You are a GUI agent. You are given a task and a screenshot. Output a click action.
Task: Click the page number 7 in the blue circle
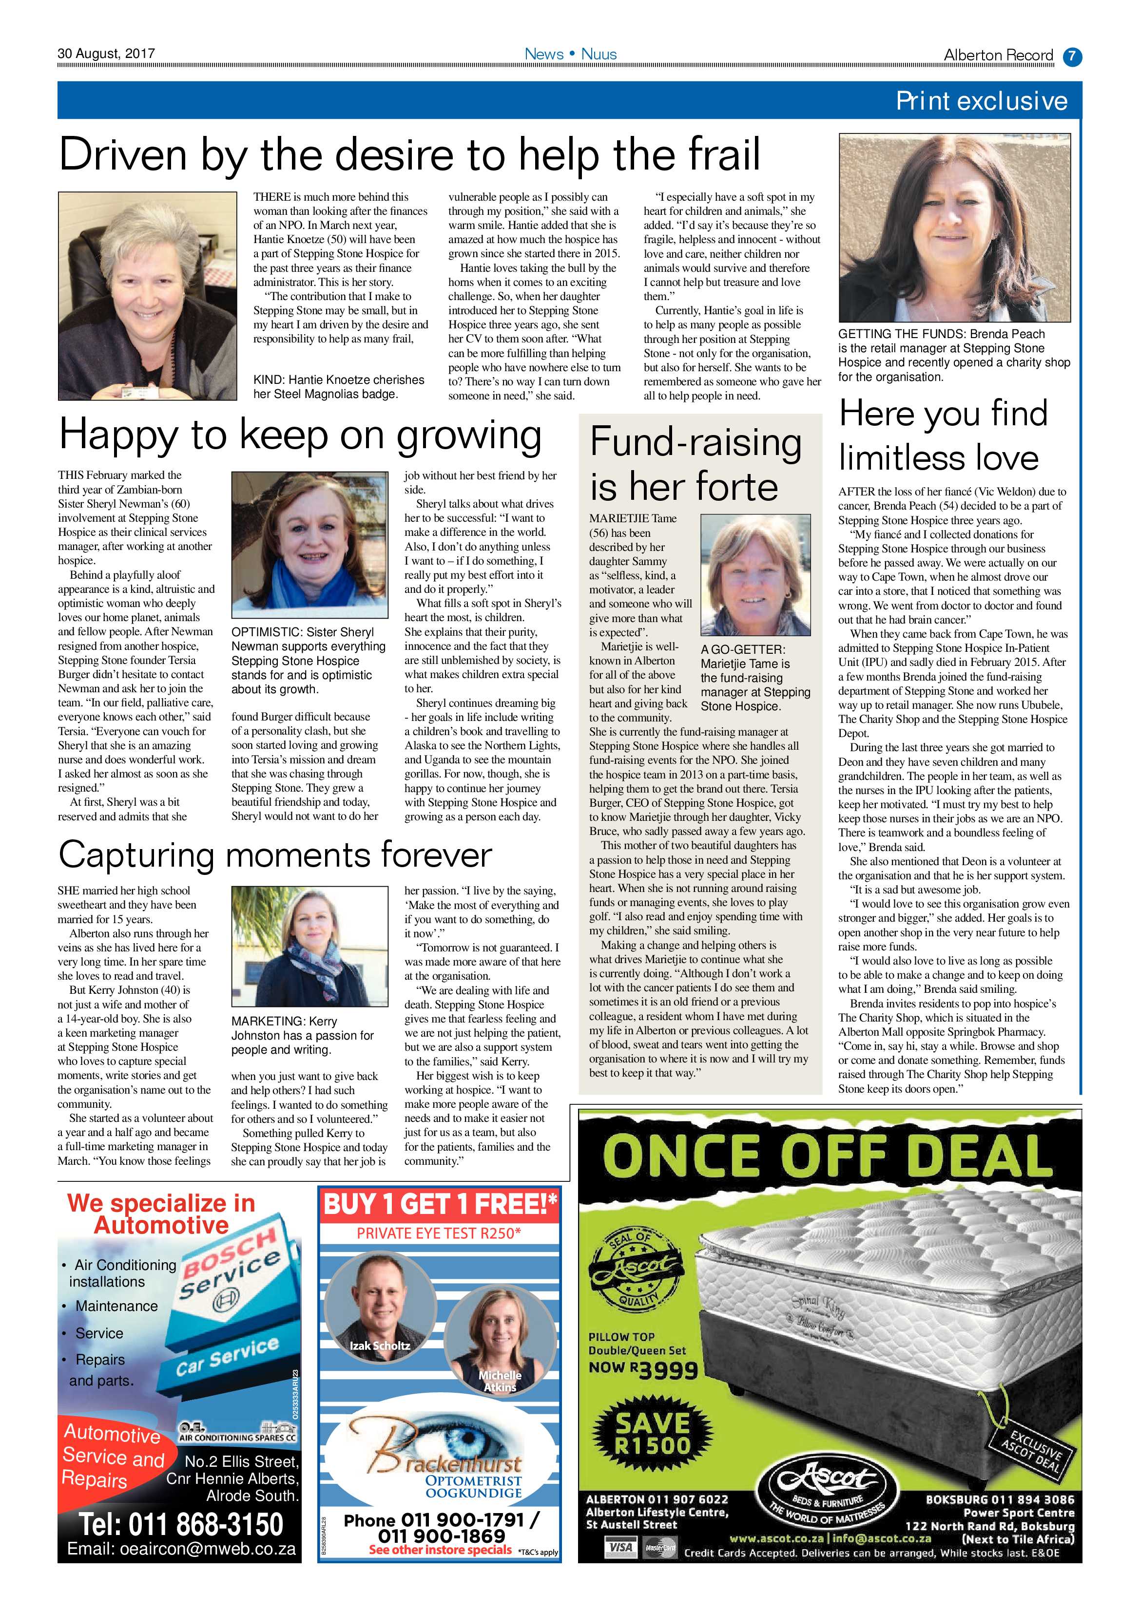coord(1072,56)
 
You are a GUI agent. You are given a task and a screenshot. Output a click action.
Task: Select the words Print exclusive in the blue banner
coord(981,101)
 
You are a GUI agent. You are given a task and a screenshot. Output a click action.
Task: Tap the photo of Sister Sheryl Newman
coord(309,545)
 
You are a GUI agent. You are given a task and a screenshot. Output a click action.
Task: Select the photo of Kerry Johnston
coord(309,946)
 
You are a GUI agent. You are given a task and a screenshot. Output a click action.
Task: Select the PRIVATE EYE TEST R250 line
coord(439,1233)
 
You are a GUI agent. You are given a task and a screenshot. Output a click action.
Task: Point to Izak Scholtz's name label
coord(380,1345)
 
